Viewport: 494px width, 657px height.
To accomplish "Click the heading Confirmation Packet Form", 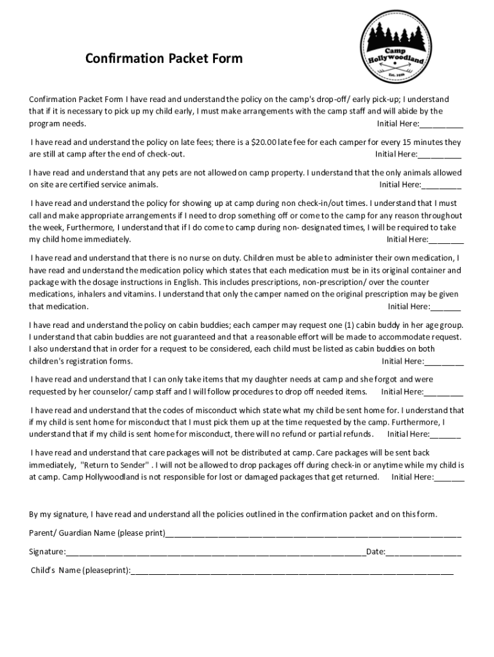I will [164, 59].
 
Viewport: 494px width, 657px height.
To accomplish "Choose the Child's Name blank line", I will [292, 571].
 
